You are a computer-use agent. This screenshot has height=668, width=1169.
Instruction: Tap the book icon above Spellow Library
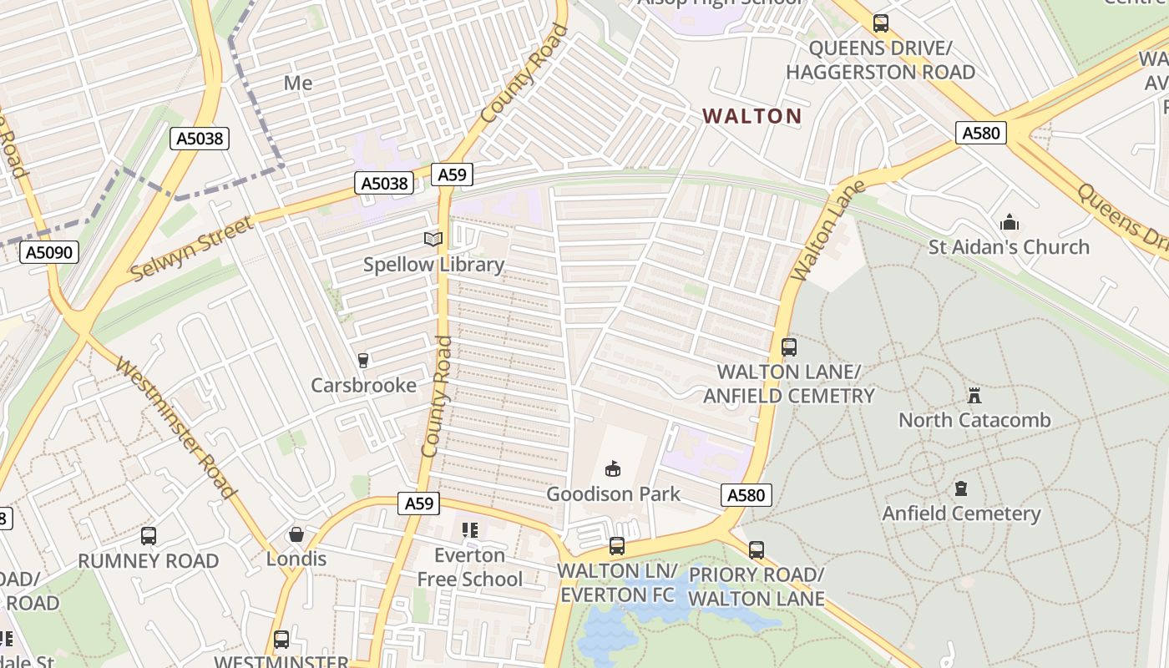433,240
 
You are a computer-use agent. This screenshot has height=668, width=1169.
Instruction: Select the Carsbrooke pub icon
363,361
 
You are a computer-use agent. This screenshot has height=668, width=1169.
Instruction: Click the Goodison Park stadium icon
613,468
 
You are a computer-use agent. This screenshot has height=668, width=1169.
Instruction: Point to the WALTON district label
751,116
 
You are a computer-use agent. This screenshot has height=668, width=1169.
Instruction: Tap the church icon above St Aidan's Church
1009,222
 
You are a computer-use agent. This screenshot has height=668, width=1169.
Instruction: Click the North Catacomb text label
974,419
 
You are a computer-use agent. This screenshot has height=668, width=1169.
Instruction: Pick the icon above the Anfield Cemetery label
961,488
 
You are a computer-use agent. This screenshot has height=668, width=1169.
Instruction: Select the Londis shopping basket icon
296,534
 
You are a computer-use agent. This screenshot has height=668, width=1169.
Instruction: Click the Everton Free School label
469,567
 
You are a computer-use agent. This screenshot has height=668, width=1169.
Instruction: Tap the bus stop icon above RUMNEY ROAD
149,536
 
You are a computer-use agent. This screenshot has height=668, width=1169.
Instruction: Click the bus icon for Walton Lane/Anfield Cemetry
788,347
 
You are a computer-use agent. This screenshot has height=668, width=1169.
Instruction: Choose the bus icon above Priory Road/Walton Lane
757,550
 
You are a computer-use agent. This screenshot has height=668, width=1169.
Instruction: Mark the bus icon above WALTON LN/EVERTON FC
616,546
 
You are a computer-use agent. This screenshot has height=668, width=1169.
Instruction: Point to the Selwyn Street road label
191,248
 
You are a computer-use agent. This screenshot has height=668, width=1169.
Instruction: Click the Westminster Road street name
175,428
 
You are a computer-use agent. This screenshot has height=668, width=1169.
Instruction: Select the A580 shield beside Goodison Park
746,495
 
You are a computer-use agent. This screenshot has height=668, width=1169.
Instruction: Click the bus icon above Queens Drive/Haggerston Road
880,23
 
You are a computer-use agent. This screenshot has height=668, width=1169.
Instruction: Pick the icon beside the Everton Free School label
469,530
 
